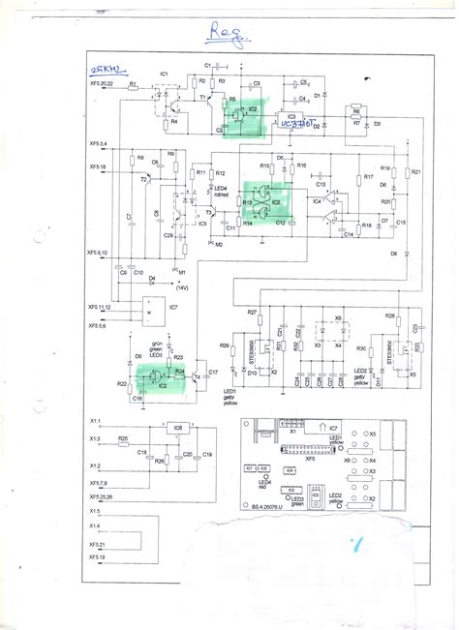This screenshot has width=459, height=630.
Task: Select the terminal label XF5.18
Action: (99, 166)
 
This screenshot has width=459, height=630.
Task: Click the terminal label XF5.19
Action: (98, 557)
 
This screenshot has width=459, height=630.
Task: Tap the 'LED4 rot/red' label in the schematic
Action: (221, 192)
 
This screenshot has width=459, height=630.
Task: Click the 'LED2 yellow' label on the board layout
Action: (337, 499)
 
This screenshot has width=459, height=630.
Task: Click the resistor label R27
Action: (252, 313)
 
